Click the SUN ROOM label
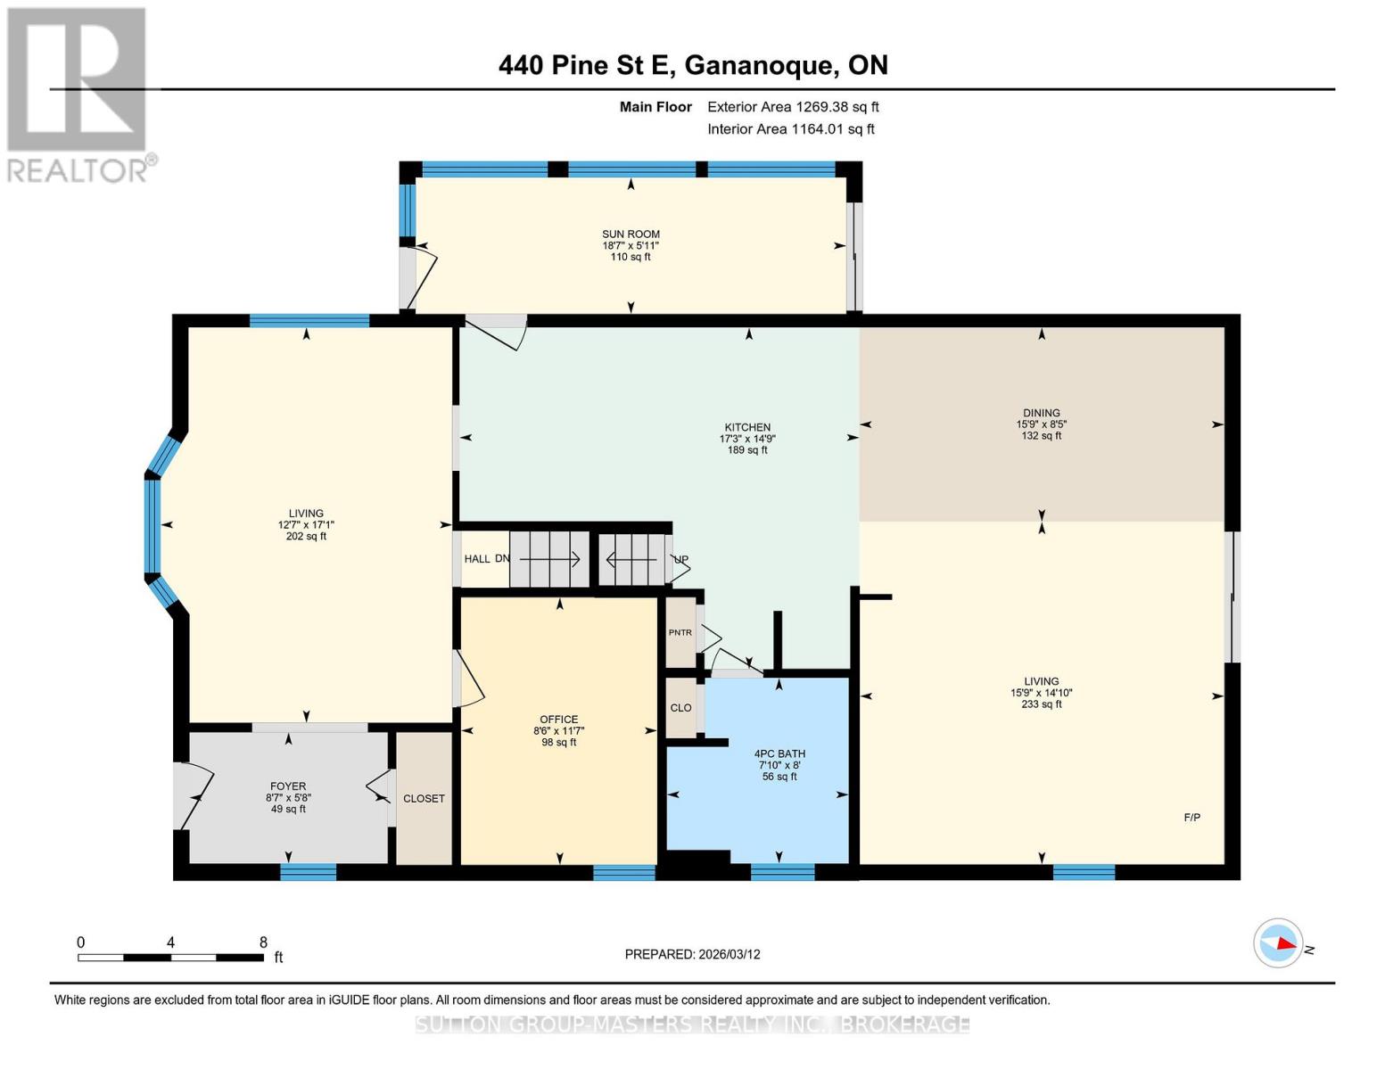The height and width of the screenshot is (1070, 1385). coord(631,235)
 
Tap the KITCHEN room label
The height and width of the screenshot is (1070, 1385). coord(747,427)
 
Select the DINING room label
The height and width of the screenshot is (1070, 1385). coord(1041,413)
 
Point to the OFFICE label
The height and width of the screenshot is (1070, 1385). coord(559,720)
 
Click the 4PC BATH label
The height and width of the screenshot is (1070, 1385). coord(779,753)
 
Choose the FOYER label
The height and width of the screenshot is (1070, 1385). coord(288,786)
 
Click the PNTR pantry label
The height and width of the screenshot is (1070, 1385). coord(680,633)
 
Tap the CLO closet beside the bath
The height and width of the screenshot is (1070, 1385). coord(680,708)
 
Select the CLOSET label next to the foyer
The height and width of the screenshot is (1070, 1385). coord(424,799)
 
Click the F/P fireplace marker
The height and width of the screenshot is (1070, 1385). coord(1191,818)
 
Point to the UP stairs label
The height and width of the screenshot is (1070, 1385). coord(681,560)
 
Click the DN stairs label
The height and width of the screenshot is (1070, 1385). coord(502,559)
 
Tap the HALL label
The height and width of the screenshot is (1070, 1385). coord(477,559)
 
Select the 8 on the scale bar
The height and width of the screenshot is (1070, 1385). coord(263,942)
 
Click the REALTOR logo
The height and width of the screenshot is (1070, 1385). coord(78,94)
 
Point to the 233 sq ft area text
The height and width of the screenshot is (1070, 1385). coord(1041,704)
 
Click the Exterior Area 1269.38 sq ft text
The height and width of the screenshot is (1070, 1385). coord(793,107)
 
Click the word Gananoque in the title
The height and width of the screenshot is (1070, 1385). coord(761,65)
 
